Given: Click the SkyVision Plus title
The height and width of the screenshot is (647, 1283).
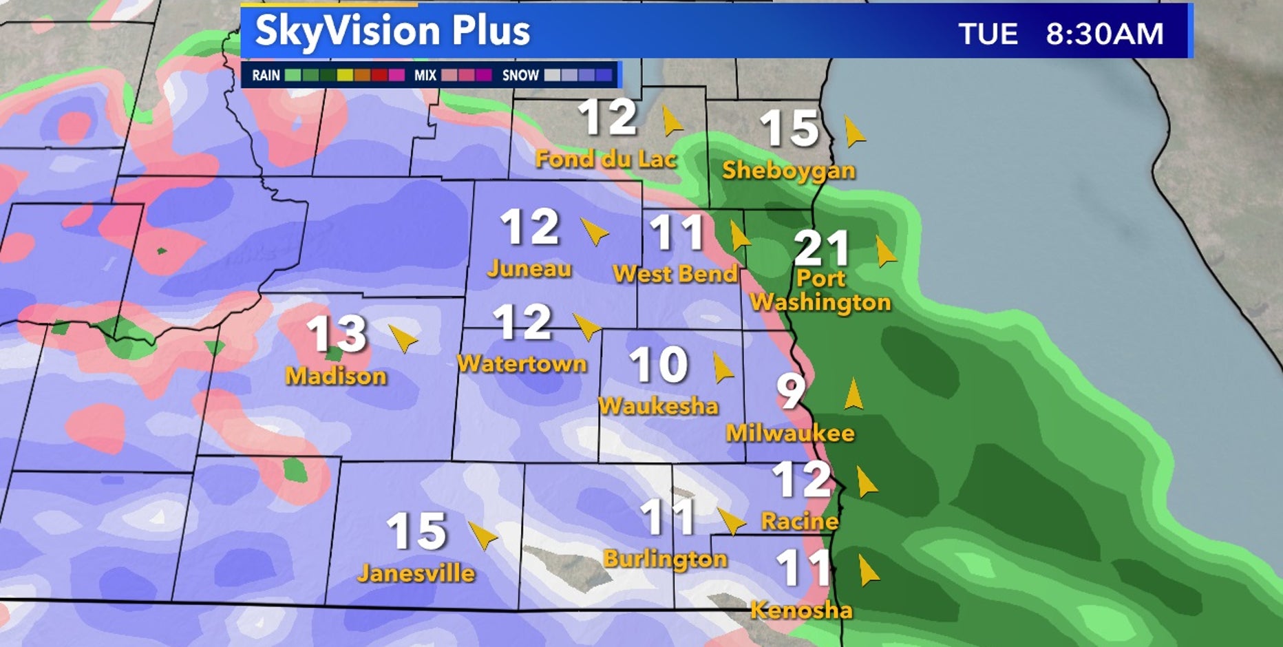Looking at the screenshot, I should [392, 31].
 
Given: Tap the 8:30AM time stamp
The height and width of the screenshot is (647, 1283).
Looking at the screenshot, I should [1105, 34].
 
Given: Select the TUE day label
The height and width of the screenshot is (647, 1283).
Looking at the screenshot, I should [988, 34].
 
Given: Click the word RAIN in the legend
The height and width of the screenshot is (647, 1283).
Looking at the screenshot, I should [266, 75].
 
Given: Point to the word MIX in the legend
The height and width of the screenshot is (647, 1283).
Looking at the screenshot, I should [425, 75].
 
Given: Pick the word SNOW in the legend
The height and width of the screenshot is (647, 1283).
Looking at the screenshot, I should [520, 75].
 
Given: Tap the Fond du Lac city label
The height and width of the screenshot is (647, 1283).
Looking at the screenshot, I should [606, 159].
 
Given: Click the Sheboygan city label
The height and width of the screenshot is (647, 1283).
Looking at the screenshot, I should [788, 170].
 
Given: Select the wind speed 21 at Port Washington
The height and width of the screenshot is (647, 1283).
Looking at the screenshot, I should [821, 248].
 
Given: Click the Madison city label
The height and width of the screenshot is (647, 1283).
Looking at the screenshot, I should [336, 376].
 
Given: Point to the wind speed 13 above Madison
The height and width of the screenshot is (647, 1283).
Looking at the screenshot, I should [337, 334].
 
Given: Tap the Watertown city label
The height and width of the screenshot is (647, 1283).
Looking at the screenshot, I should [522, 363].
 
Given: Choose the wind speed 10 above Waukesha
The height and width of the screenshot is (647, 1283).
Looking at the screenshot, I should [659, 364].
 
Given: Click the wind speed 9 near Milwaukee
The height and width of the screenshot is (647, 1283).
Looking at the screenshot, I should [791, 390].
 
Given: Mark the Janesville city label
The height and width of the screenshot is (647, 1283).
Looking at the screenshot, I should [416, 573].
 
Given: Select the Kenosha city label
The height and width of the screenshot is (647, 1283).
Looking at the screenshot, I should [801, 610].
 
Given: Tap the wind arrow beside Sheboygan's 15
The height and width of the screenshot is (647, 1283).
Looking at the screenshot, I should [853, 131].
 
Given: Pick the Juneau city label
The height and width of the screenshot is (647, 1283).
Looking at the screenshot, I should [529, 268].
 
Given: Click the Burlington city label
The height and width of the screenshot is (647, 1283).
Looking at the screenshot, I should [665, 558].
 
